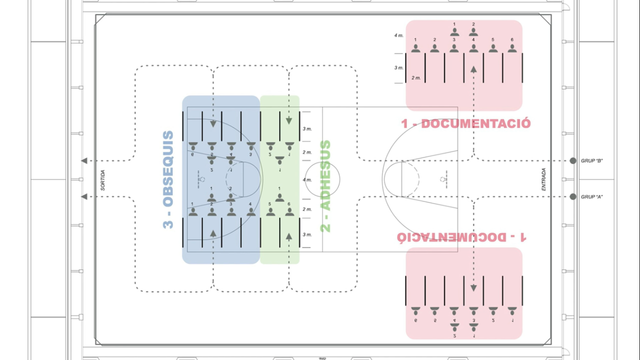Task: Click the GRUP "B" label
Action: pyautogui.click(x=592, y=160)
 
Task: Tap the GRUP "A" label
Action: pyautogui.click(x=592, y=197)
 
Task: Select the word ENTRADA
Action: pyautogui.click(x=544, y=179)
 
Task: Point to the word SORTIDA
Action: pyautogui.click(x=103, y=179)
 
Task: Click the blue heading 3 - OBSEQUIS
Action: pyautogui.click(x=168, y=179)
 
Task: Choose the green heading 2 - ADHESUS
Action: pyautogui.click(x=325, y=186)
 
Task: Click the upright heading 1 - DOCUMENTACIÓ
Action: pyautogui.click(x=465, y=123)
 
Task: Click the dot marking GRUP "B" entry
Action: pyautogui.click(x=573, y=160)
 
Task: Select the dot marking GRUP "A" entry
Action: pyautogui.click(x=573, y=197)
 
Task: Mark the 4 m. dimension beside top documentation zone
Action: pyautogui.click(x=398, y=35)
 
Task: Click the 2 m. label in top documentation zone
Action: pyautogui.click(x=415, y=78)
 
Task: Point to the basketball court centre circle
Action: pyautogui.click(x=322, y=179)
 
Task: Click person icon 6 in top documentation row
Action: pyautogui.click(x=512, y=48)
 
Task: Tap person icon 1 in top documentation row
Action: pyautogui.click(x=415, y=48)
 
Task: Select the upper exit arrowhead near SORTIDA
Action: pyautogui.click(x=84, y=160)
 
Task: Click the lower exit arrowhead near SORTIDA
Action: pyautogui.click(x=84, y=197)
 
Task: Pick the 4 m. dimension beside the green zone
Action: pyautogui.click(x=307, y=179)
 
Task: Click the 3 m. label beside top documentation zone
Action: pyautogui.click(x=398, y=67)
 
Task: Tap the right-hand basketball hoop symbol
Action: pyautogui.click(x=443, y=178)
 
